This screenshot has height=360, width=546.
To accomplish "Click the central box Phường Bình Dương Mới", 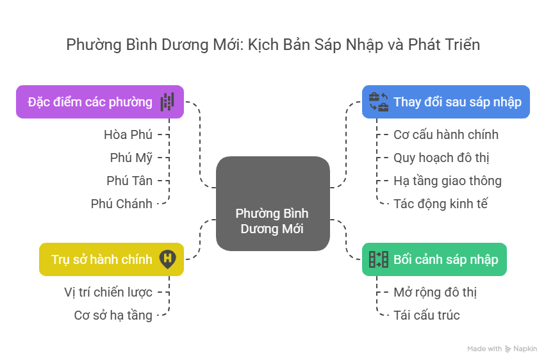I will [272, 203].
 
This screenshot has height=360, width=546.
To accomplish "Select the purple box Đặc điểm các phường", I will [100, 102].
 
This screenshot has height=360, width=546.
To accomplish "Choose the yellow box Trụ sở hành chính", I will [111, 259].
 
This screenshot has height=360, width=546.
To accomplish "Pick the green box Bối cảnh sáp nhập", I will [434, 259].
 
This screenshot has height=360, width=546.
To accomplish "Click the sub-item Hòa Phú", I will [128, 135].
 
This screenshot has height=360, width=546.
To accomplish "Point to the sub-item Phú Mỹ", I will [131, 158].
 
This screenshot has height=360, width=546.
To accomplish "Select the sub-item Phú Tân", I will [129, 181].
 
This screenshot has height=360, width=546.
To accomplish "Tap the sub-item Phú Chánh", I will [121, 204].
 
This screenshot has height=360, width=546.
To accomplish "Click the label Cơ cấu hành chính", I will [446, 135].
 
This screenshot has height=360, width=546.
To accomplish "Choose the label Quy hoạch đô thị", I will [442, 158].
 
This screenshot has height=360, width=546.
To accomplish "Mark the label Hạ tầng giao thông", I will [447, 181].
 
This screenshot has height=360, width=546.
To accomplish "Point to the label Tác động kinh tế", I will [441, 204].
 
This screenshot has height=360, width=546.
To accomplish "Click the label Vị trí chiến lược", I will [108, 292].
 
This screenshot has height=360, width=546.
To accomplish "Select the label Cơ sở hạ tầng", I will [113, 315].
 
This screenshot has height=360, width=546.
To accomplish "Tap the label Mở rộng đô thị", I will [435, 292].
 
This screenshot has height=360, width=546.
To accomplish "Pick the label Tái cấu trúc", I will [427, 315].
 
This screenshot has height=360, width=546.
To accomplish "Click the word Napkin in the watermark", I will [525, 349].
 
